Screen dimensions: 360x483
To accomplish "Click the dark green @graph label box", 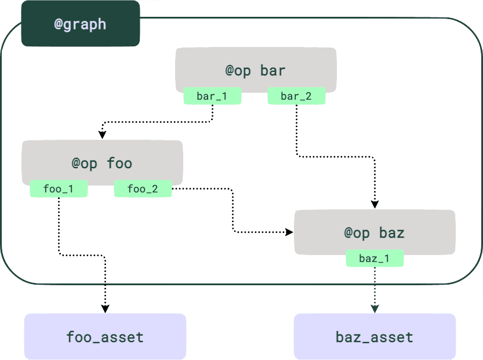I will click(81, 24).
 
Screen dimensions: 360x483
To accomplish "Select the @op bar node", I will click(256, 65).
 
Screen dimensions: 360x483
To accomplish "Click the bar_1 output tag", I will click(212, 96).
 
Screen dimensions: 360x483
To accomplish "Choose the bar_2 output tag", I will click(296, 96).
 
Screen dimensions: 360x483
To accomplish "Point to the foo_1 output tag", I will click(59, 189).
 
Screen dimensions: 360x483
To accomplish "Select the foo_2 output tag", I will click(143, 189).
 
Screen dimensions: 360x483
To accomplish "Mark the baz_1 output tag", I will click(375, 259).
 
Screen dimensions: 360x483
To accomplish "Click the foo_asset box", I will click(105, 337).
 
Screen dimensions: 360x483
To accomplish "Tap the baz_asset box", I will click(375, 337).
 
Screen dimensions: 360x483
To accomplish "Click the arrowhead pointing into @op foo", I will click(102, 134).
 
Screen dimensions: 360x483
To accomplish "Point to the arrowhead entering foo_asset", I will click(105, 307).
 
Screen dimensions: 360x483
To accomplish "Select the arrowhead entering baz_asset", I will click(375, 308).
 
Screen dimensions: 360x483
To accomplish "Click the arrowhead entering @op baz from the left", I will click(289, 232).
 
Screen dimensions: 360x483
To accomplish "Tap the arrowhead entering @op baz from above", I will click(375, 204).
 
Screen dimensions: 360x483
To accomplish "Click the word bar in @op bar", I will click(273, 71).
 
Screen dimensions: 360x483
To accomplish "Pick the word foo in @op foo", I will click(119, 163).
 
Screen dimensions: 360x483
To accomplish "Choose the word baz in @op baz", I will click(391, 233).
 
